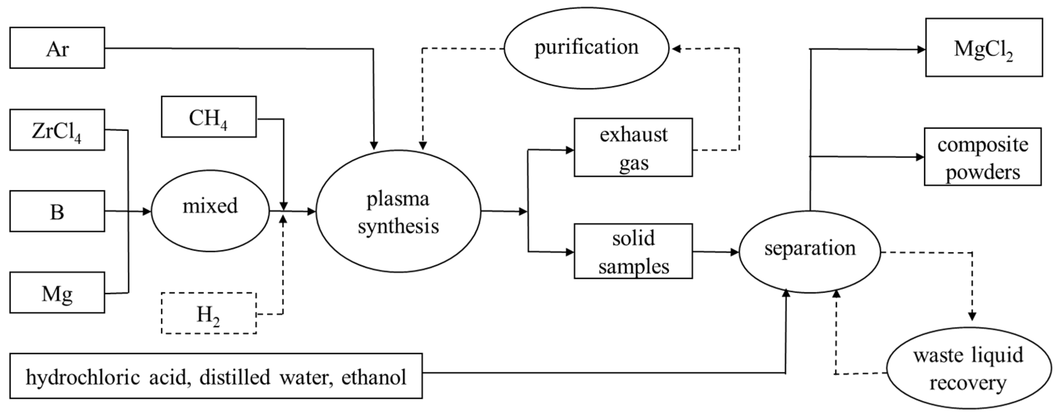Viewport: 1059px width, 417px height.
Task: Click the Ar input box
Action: [57, 48]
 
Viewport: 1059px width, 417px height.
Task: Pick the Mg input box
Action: [57, 292]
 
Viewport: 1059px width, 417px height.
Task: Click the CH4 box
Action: [209, 117]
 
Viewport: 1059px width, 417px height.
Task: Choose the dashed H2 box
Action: [209, 313]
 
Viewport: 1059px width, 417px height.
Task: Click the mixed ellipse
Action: [210, 210]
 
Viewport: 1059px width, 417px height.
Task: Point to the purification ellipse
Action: [586, 48]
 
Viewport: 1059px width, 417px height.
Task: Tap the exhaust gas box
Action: [633, 148]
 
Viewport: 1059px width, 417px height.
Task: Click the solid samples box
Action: [633, 251]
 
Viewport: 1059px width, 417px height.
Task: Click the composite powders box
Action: [983, 157]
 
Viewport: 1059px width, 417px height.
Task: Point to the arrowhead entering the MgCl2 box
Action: [921, 50]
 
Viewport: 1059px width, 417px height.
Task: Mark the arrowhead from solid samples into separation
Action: [735, 252]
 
